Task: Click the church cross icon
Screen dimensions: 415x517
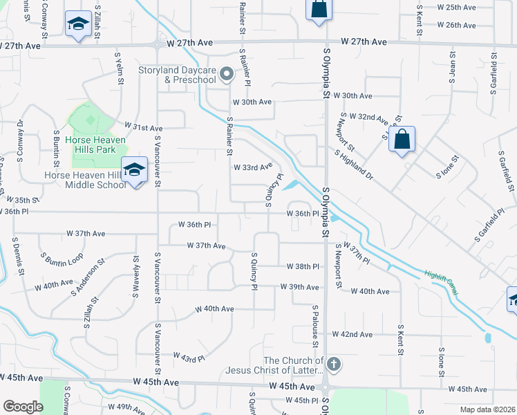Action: [333, 364]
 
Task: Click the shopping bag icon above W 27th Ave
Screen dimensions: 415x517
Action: [318, 10]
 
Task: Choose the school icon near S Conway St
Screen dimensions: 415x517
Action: [78, 24]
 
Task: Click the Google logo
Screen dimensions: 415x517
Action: [23, 406]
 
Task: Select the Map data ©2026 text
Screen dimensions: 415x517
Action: [488, 409]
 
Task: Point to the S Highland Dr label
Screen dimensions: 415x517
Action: [353, 167]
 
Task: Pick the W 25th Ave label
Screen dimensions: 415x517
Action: [455, 8]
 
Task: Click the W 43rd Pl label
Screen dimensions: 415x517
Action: [189, 356]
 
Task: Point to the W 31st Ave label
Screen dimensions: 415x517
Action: [143, 128]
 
